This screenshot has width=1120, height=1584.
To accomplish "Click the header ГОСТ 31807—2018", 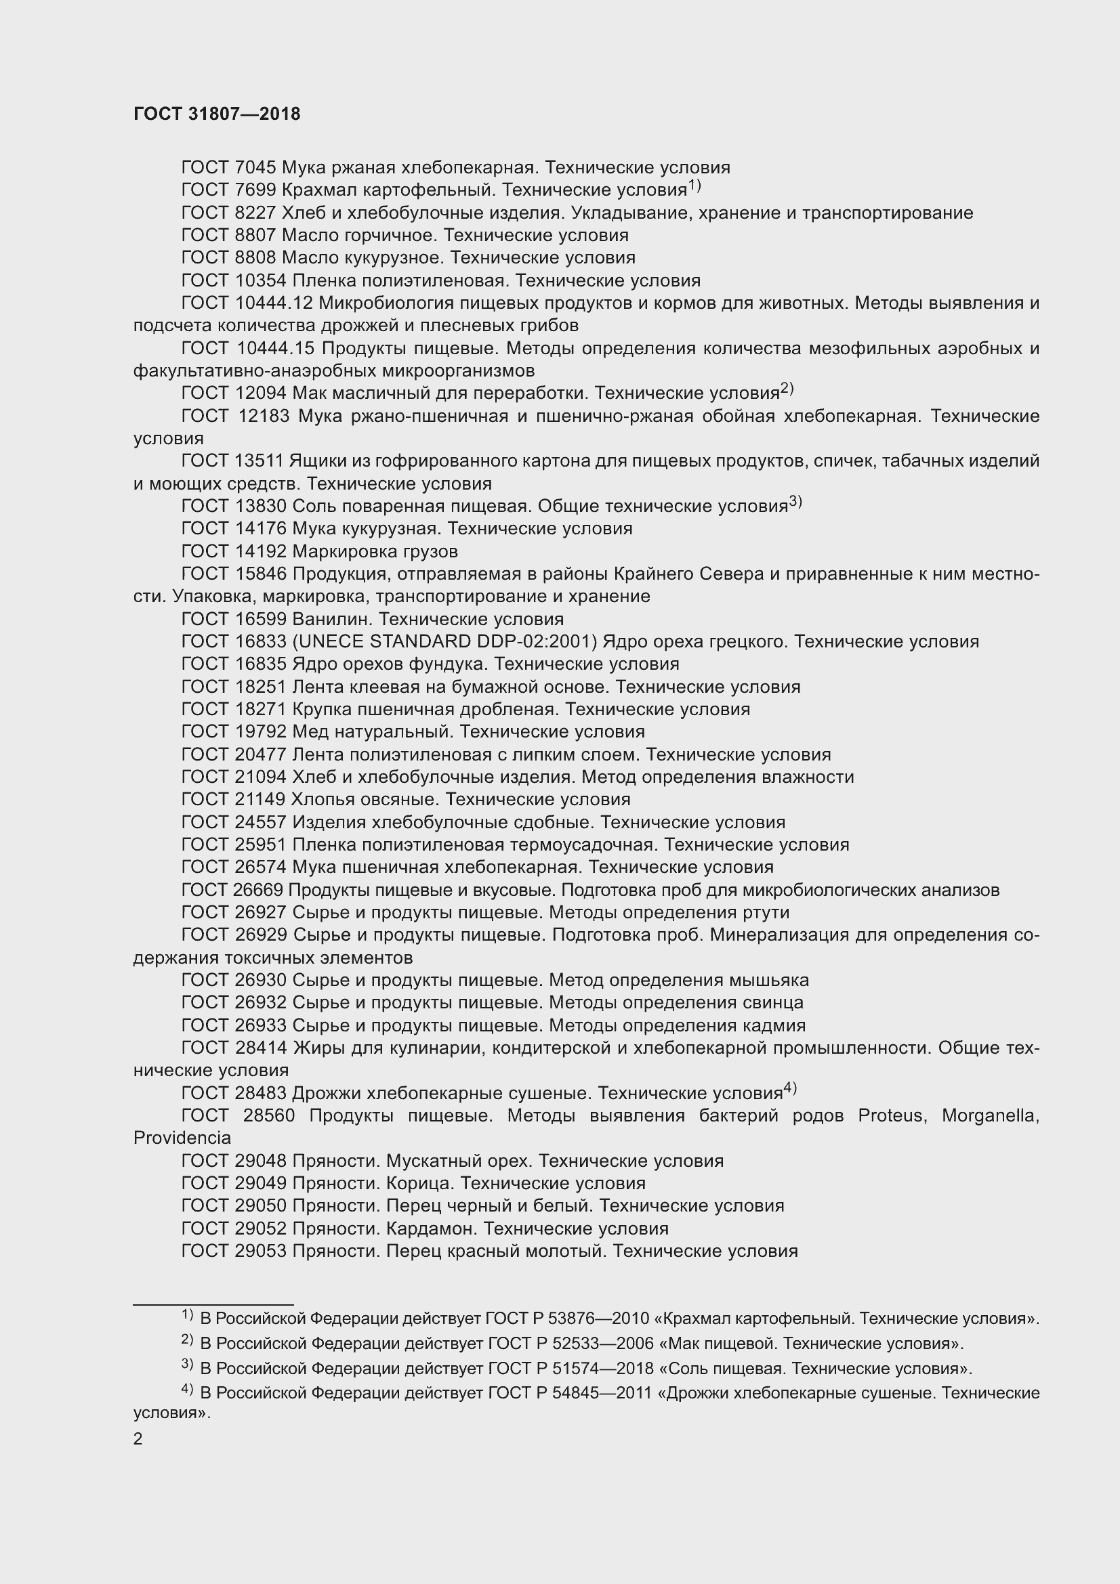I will [x=217, y=114].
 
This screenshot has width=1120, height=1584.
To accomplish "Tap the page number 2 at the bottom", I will [x=138, y=1438].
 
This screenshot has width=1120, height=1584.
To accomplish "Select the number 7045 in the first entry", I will [x=255, y=168].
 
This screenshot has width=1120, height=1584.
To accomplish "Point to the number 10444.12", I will [x=274, y=303].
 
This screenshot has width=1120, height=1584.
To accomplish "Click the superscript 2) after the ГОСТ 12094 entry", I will [x=787, y=389].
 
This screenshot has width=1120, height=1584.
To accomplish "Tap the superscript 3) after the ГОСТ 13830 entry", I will [x=795, y=502].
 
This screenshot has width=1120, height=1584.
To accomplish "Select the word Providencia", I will [x=182, y=1138].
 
